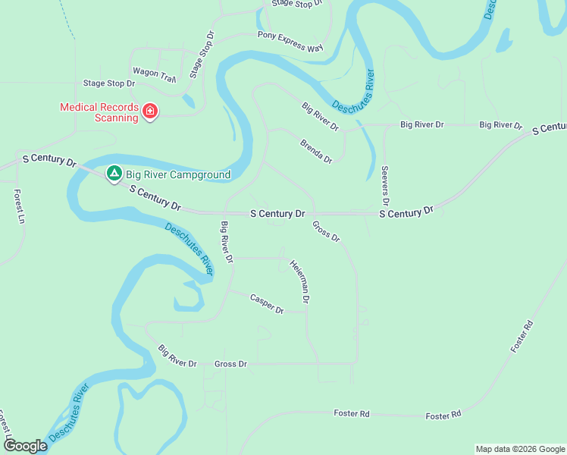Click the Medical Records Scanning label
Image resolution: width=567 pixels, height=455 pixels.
tap(99, 112)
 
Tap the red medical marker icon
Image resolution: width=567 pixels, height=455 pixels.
tap(150, 113)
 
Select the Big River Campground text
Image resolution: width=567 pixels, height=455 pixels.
tap(178, 175)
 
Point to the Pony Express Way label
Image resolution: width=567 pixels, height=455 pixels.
tap(290, 42)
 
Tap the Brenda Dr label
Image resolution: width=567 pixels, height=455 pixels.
tap(316, 151)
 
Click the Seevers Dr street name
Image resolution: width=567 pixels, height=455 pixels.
tap(385, 186)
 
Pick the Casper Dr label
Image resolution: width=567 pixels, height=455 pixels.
tap(267, 304)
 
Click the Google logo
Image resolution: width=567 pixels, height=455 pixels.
tap(25, 446)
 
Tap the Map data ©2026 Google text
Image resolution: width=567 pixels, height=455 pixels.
tap(520, 449)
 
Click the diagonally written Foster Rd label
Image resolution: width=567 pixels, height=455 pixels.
tap(522, 337)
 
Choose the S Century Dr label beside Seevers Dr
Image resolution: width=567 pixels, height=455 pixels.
tap(406, 212)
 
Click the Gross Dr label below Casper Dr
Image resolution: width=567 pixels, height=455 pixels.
tap(230, 364)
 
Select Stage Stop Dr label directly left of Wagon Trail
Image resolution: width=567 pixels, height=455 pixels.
tap(108, 83)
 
